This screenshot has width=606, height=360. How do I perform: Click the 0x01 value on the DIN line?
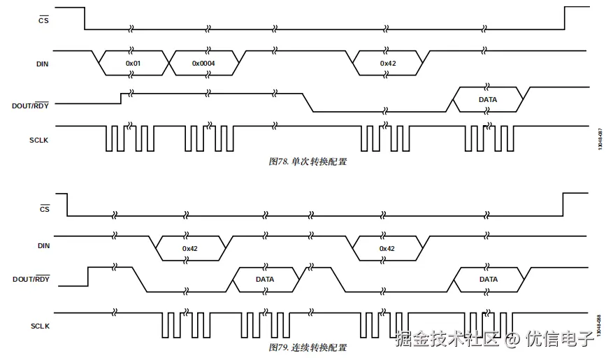[x=134, y=64]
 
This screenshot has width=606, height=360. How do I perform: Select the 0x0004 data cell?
[x=203, y=64]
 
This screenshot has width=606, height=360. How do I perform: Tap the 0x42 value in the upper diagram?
[x=388, y=64]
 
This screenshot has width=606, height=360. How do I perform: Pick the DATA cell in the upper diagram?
[x=488, y=100]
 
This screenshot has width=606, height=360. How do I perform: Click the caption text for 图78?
[x=308, y=161]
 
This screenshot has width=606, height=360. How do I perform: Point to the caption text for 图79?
[x=308, y=347]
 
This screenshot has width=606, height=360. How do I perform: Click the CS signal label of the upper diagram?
[x=43, y=20]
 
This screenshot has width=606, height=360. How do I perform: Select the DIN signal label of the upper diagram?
[x=43, y=64]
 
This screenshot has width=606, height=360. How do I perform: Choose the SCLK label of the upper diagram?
[x=40, y=139]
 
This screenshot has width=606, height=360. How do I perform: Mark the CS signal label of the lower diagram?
[x=44, y=208]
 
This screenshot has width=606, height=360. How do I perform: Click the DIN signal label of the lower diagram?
[x=43, y=245]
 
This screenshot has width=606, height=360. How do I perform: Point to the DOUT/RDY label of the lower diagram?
[x=31, y=280]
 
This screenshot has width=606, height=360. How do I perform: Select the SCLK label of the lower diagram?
[x=40, y=326]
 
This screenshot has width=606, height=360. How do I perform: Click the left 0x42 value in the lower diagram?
[x=191, y=248]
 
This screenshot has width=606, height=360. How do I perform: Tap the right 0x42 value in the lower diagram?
[x=387, y=248]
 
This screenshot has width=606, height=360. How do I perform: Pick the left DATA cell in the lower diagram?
[x=265, y=280]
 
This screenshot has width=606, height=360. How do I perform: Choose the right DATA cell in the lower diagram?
[x=489, y=280]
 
